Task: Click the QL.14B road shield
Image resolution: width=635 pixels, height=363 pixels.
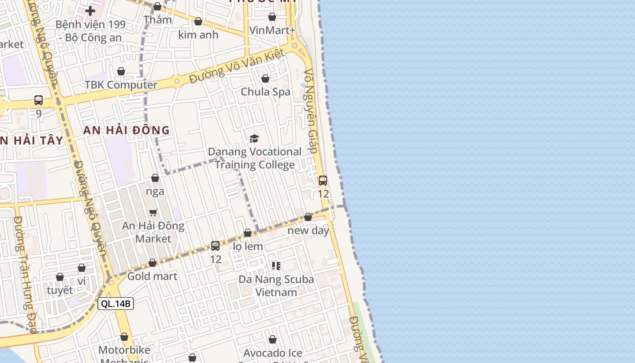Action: [116, 304]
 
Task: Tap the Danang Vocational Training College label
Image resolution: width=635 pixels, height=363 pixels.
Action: [254, 158]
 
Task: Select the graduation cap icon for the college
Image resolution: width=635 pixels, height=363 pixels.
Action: [254, 138]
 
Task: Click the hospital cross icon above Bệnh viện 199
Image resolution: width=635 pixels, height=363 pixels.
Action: [90, 10]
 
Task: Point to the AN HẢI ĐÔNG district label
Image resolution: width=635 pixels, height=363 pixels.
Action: [127, 131]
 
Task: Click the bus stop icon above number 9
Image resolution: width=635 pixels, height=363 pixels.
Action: [39, 100]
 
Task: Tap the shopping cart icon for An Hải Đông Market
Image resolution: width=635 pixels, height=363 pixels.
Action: [153, 212]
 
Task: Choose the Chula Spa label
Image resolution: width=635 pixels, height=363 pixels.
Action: [265, 92]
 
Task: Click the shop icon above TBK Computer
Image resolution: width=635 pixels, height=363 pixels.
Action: [121, 71]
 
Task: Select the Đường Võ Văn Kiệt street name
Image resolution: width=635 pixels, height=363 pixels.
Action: [237, 66]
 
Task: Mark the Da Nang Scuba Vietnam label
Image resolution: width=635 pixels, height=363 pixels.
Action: [276, 285]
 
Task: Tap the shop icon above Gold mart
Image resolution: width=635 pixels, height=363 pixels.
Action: [152, 263]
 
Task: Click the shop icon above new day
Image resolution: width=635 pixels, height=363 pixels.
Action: [308, 217]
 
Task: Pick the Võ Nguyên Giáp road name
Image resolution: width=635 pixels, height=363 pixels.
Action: [311, 111]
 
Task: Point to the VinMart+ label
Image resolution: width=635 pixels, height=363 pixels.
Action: [272, 30]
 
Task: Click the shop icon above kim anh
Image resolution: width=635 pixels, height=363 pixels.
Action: [198, 21]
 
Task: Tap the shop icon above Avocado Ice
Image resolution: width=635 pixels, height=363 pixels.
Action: [273, 339]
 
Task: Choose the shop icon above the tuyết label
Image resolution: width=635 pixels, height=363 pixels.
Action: [60, 277]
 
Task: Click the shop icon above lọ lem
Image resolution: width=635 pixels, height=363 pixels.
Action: [248, 233]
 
